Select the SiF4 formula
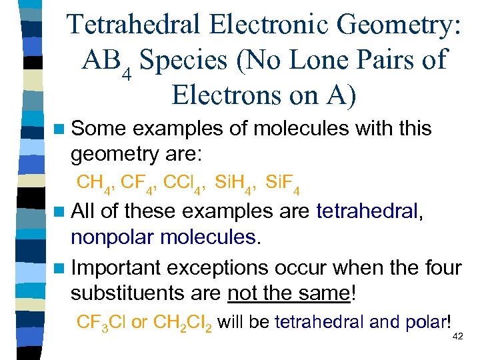coord(282,183)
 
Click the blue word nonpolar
coord(112,237)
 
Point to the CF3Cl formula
coord(102,323)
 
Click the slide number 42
coord(457,337)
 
